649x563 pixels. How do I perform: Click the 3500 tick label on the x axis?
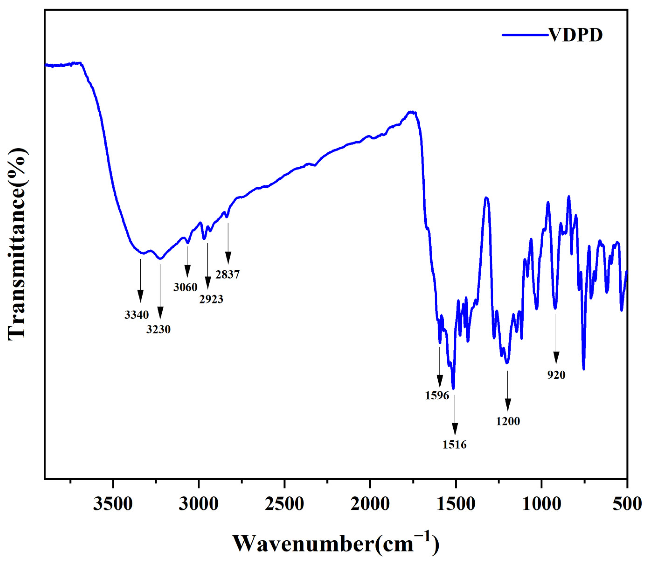113,504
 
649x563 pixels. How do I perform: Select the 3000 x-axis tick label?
199,504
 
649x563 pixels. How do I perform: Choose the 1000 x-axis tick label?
541,504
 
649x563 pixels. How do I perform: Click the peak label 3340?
136,314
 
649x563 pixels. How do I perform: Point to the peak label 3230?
158,329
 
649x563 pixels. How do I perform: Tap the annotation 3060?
185,287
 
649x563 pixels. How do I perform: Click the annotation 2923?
211,299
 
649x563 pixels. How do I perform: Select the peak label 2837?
228,274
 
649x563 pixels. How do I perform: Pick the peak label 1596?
437,395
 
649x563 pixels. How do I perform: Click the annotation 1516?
455,445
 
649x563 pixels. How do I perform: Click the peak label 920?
556,374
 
